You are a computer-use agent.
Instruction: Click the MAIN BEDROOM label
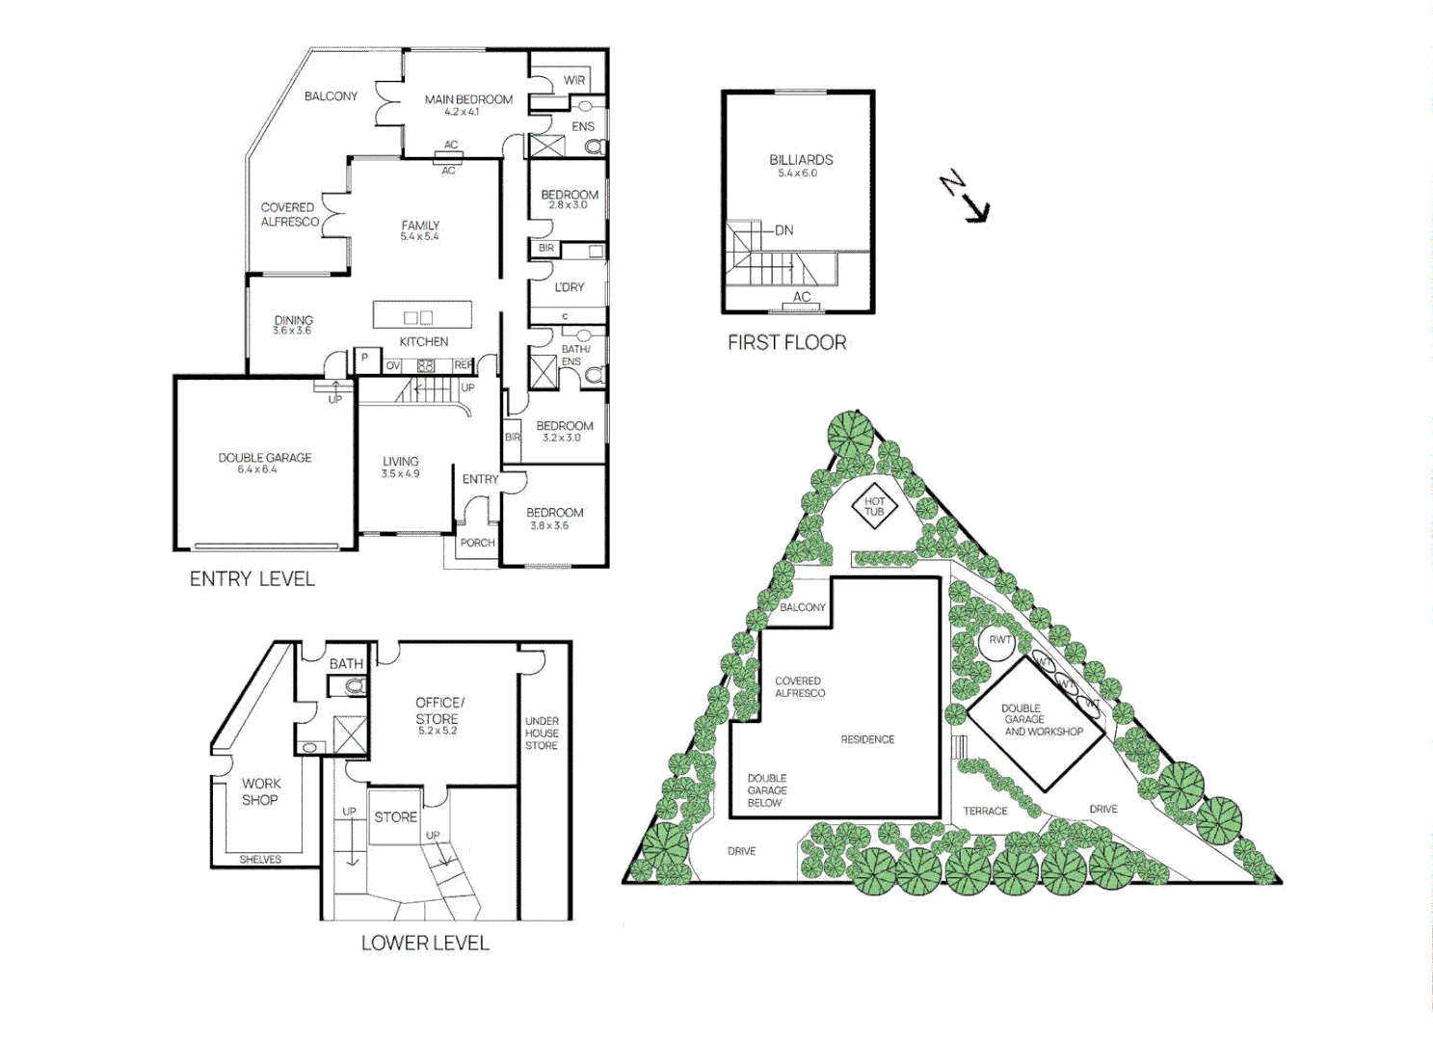click(x=468, y=99)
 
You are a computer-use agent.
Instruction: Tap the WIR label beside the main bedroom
click(x=574, y=80)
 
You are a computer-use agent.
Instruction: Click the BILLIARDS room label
click(x=801, y=160)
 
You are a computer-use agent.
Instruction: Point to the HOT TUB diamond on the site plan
click(x=874, y=506)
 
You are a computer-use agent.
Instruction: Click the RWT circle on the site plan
click(x=1000, y=640)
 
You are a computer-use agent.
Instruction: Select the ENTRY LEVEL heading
click(x=252, y=578)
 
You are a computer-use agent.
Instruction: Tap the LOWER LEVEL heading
click(x=425, y=943)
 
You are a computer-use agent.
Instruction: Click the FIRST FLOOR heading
click(x=786, y=342)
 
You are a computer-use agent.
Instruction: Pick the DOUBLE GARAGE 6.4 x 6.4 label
click(x=264, y=463)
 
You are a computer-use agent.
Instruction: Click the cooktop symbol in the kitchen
click(x=426, y=365)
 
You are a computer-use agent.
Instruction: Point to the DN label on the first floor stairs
click(x=784, y=230)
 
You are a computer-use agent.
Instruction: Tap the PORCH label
click(x=477, y=543)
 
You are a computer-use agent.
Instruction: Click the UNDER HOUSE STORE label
click(x=542, y=733)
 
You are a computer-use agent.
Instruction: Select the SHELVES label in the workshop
click(x=260, y=859)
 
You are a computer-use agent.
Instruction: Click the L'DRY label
click(x=569, y=287)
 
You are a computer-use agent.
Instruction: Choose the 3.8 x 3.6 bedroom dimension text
click(x=549, y=525)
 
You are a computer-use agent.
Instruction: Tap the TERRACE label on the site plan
click(x=985, y=811)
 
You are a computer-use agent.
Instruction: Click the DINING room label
click(x=293, y=320)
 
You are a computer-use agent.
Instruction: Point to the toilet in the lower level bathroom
click(x=354, y=686)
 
